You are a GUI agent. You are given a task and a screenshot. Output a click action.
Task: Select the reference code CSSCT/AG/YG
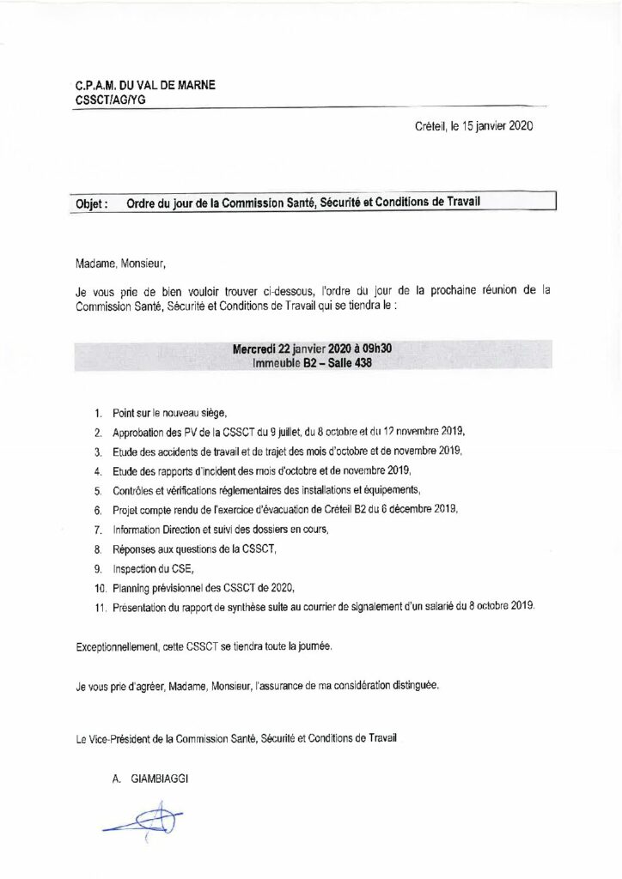[x=108, y=100]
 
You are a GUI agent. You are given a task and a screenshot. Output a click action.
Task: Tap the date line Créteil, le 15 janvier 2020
[x=473, y=126]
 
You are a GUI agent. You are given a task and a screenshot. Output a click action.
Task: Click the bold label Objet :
[x=87, y=204]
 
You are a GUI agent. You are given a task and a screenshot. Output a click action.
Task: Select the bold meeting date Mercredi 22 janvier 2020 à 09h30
[x=313, y=349]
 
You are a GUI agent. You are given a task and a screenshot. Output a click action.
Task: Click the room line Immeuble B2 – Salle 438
[x=313, y=363]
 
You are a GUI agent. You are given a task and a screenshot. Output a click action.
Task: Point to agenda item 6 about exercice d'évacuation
[x=285, y=509]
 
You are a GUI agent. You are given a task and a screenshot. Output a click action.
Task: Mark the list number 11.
[x=99, y=607]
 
